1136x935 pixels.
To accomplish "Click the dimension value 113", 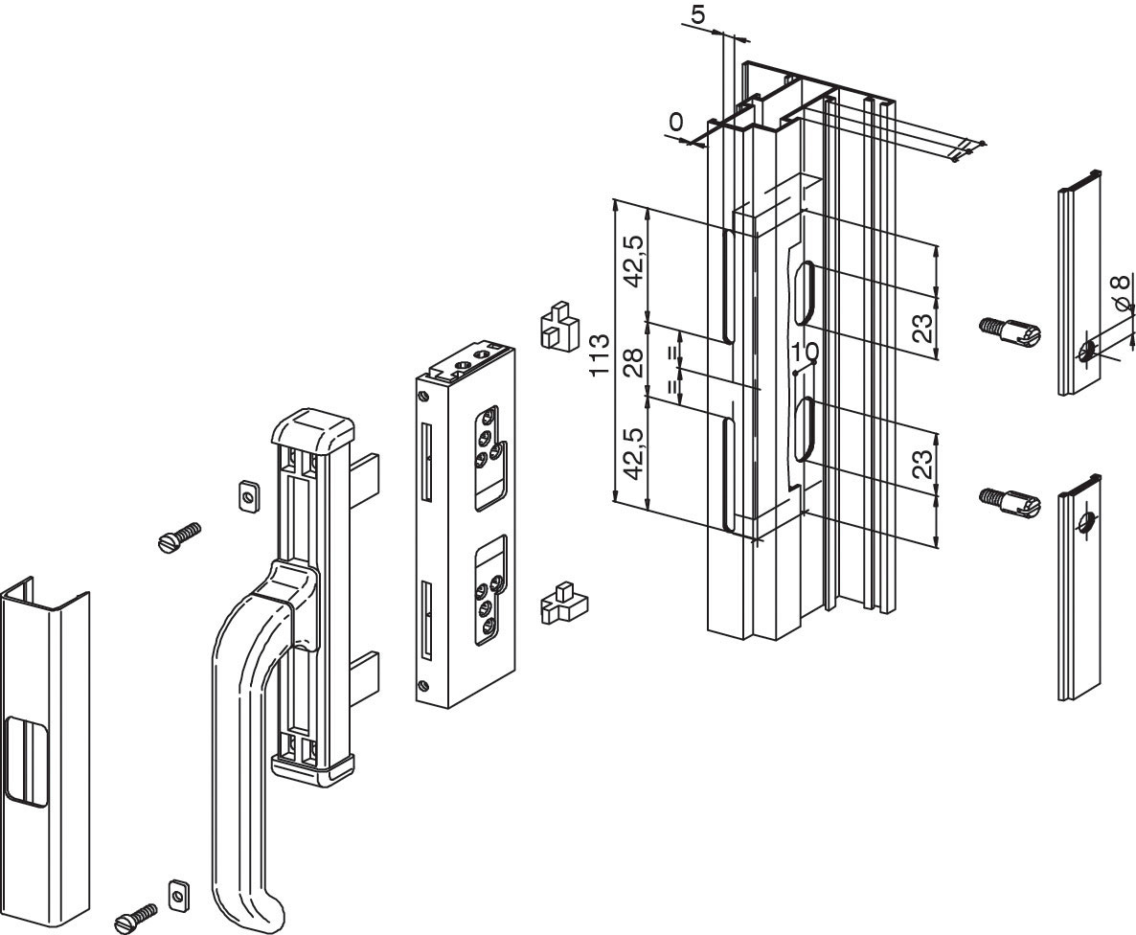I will tap(601, 355).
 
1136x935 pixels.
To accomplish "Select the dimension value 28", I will tap(633, 363).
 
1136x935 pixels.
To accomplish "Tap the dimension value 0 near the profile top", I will tap(676, 122).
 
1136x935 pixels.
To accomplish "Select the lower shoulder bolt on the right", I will tap(1009, 501).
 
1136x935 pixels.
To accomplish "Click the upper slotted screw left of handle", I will tap(179, 537).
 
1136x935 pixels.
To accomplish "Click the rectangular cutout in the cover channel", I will tap(22, 762).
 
